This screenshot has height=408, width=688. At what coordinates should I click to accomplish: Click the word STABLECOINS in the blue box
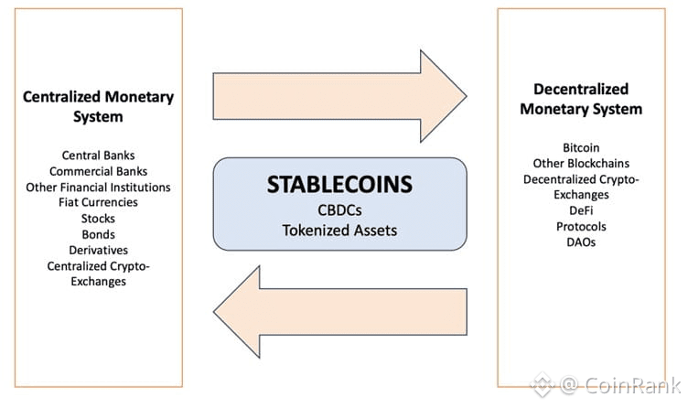(x=339, y=184)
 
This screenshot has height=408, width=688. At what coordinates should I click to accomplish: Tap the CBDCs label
(x=339, y=210)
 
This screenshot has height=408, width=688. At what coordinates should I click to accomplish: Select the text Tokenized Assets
(x=339, y=231)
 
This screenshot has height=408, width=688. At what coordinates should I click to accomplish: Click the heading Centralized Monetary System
(x=98, y=107)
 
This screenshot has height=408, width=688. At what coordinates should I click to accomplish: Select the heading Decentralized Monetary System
(x=581, y=99)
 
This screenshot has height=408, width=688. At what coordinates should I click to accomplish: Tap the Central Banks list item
(x=98, y=156)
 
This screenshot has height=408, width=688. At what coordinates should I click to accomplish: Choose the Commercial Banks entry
(x=98, y=171)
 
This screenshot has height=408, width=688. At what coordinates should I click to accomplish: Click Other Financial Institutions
(x=98, y=188)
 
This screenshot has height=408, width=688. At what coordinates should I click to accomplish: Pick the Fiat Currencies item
(x=98, y=202)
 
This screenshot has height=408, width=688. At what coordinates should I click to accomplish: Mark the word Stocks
(x=98, y=219)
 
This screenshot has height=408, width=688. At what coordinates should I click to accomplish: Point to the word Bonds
(x=98, y=234)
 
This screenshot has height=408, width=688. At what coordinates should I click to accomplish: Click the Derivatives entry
(x=98, y=250)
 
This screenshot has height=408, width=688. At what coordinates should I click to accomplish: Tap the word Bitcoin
(x=581, y=147)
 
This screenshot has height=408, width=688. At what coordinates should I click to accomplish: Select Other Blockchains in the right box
(x=581, y=163)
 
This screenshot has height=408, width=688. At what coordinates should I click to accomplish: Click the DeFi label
(x=581, y=210)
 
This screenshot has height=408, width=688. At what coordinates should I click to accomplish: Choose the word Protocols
(x=581, y=226)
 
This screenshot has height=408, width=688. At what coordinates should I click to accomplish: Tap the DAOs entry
(x=581, y=242)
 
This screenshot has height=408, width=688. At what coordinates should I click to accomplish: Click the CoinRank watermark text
(x=632, y=385)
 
